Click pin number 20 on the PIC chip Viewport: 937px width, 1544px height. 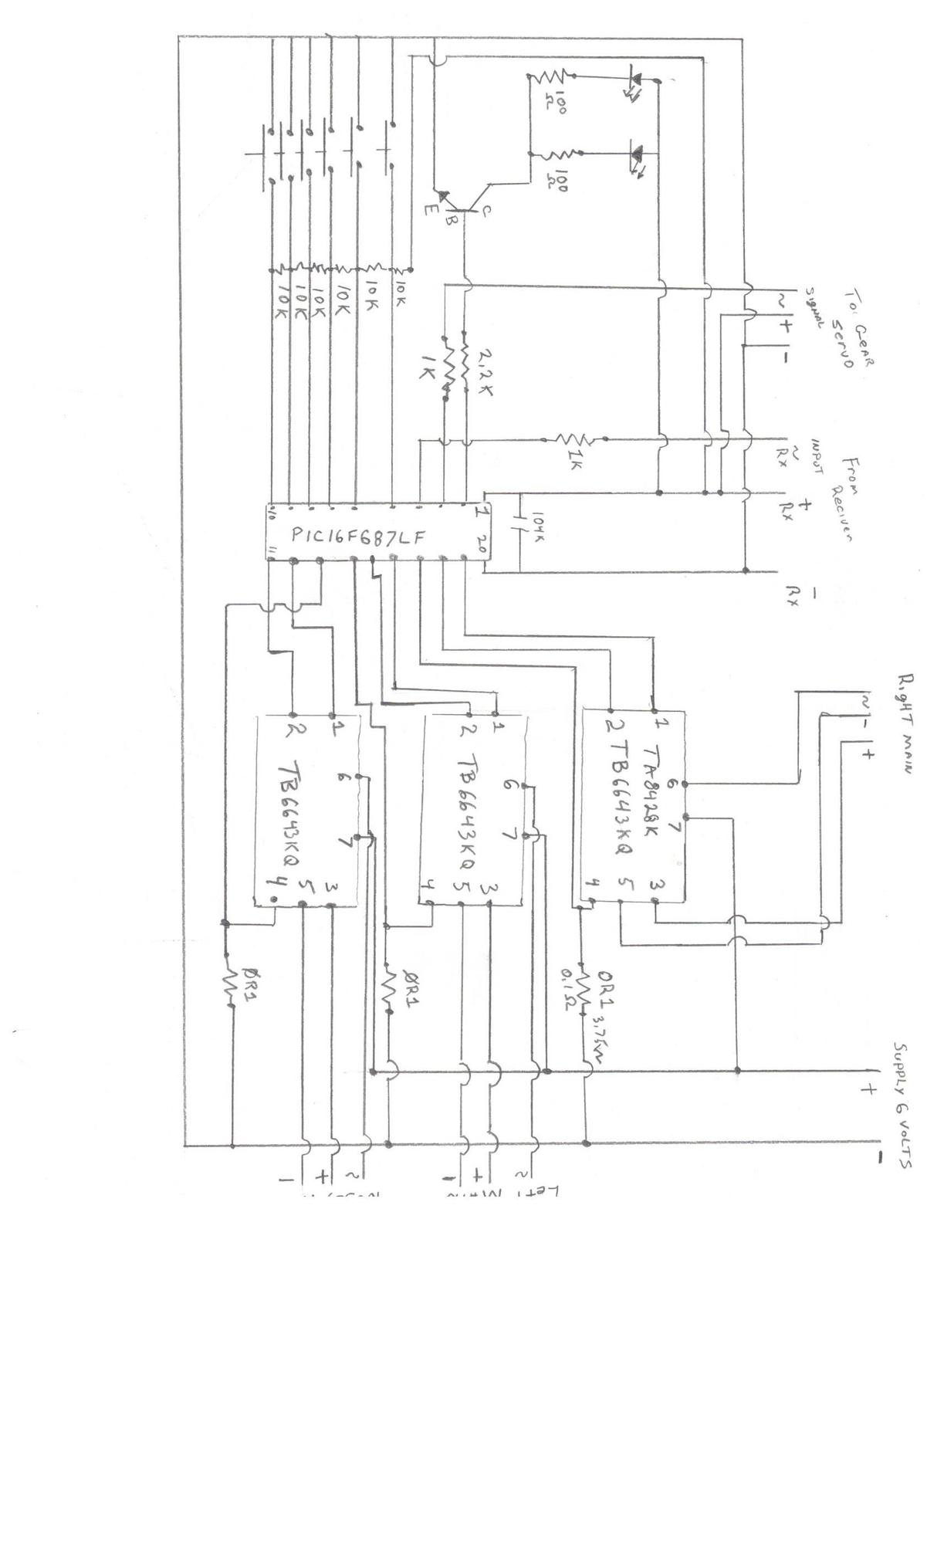pyautogui.click(x=482, y=543)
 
